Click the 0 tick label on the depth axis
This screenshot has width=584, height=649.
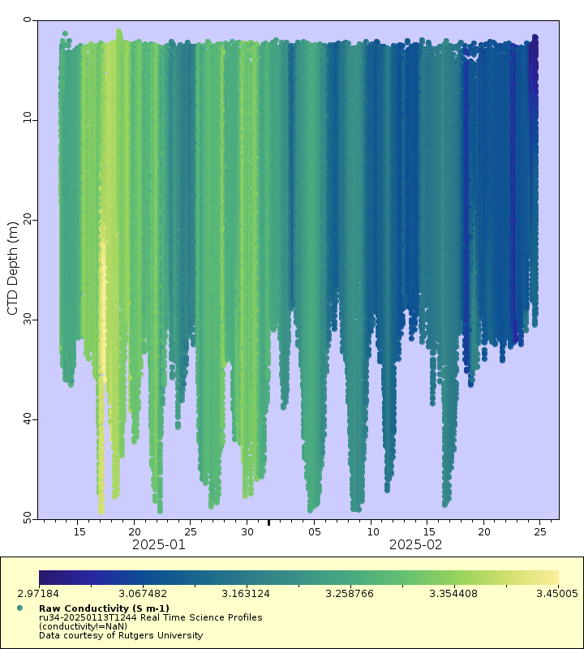pyautogui.click(x=27, y=20)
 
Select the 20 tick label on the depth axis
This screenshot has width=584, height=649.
pyautogui.click(x=27, y=220)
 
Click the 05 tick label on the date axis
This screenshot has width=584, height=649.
pyautogui.click(x=315, y=532)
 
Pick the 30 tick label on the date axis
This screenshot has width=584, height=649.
pyautogui.click(x=247, y=532)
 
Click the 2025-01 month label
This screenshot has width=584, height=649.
pyautogui.click(x=160, y=545)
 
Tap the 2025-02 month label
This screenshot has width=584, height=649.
pyautogui.click(x=416, y=545)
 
